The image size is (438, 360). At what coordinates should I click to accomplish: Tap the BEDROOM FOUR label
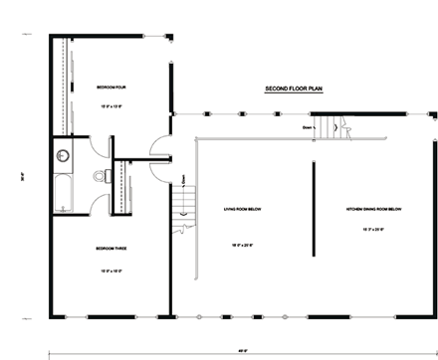(x=109, y=87)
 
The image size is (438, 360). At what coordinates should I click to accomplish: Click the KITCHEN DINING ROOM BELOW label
(x=372, y=209)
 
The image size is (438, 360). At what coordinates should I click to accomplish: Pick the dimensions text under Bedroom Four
(x=109, y=104)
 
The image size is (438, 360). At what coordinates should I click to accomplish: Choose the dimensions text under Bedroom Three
(x=109, y=258)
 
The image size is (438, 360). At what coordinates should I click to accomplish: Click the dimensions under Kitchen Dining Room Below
(x=372, y=228)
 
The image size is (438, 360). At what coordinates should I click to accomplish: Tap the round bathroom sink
(x=62, y=155)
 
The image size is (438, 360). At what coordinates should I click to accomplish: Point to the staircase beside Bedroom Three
(x=181, y=206)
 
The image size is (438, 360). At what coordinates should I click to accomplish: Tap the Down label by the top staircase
(x=308, y=126)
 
